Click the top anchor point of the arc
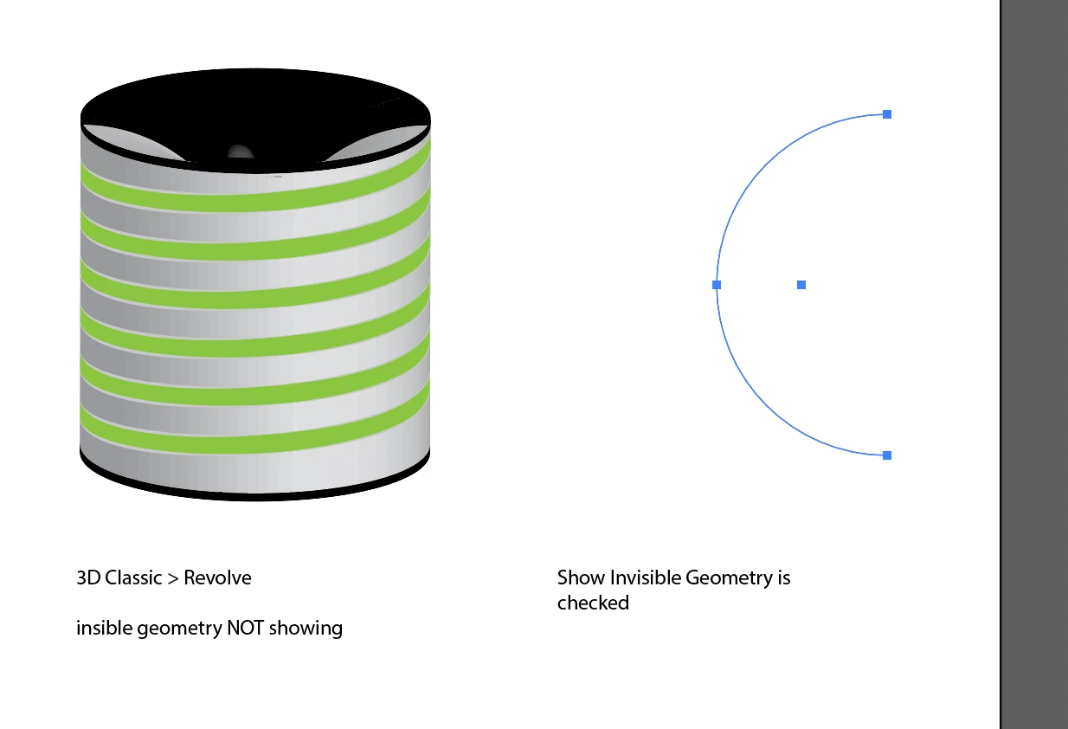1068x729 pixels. [x=887, y=114]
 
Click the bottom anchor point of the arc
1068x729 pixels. [x=887, y=455]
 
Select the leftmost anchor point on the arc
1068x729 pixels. [x=717, y=285]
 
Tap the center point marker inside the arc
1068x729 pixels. [x=801, y=285]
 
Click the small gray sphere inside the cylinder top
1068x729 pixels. [x=240, y=153]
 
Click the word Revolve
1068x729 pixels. [x=217, y=577]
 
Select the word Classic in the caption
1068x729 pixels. [x=132, y=577]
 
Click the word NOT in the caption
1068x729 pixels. [x=246, y=628]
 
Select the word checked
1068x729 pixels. [x=593, y=603]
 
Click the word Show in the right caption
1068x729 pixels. [x=581, y=577]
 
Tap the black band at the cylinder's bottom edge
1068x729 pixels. [x=255, y=494]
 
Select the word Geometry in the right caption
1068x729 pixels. [x=725, y=577]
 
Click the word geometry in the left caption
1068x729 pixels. [x=179, y=629]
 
